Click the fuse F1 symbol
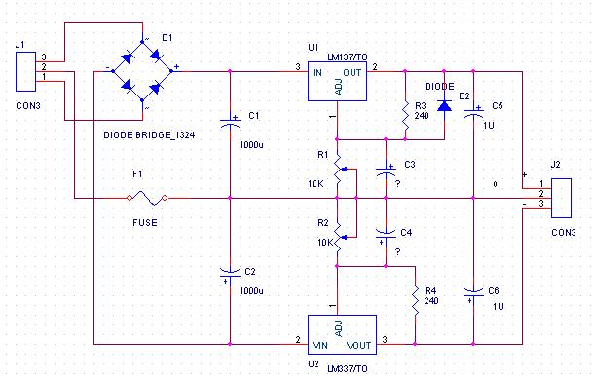[x=147, y=198]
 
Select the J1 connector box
[x=25, y=72]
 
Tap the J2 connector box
[x=561, y=199]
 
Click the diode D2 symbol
[x=444, y=106]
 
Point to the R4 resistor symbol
[x=415, y=300]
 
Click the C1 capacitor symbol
[x=230, y=121]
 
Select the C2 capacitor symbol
[x=230, y=276]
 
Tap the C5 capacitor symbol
[x=473, y=111]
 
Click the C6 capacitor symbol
[x=473, y=294]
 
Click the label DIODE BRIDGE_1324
[x=149, y=135]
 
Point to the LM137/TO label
[x=348, y=57]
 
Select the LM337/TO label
[x=348, y=368]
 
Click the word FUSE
[x=145, y=222]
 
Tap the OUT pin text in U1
[x=353, y=72]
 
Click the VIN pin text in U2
[x=320, y=346]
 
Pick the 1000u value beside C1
[x=251, y=145]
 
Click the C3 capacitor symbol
[x=386, y=171]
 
